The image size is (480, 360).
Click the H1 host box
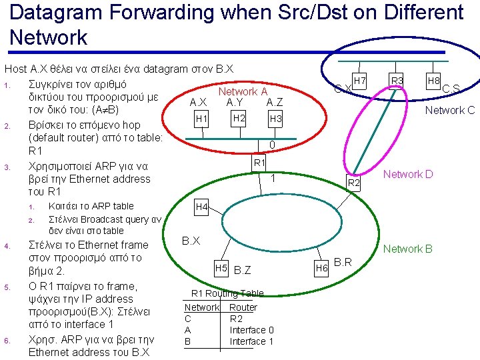[202, 119]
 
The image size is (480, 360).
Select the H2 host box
[238, 118]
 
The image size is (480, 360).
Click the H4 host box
[202, 207]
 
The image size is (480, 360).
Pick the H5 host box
[222, 269]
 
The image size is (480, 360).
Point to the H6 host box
[321, 268]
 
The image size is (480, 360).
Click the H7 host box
[359, 81]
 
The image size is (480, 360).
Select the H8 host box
[433, 81]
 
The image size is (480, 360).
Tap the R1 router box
[259, 163]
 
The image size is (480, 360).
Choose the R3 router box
[397, 81]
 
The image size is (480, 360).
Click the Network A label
[243, 91]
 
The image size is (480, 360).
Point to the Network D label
[407, 175]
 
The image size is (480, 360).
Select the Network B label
[407, 249]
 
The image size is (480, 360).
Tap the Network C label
[450, 110]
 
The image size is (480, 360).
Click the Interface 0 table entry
[251, 330]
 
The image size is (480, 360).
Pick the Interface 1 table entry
[251, 341]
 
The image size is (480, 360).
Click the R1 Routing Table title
[227, 293]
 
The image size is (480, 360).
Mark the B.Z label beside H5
[243, 269]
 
